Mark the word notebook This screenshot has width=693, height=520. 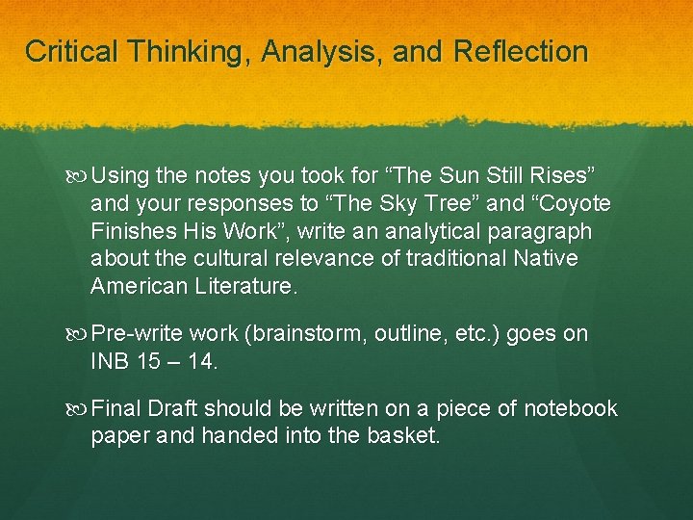(x=569, y=409)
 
